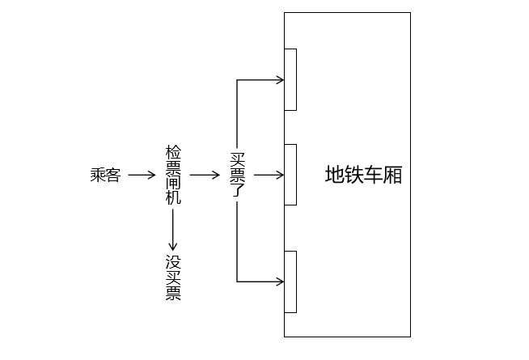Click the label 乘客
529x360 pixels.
(104, 175)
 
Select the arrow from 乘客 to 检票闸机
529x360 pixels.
(141, 175)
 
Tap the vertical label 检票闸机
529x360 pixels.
(173, 175)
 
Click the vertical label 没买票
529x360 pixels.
(173, 277)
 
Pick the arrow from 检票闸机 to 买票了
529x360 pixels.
(205, 175)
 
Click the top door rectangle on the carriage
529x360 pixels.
(290, 79)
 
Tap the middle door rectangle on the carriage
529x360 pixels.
(290, 174)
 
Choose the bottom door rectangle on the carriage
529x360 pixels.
(290, 282)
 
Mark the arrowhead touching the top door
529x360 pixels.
(280, 79)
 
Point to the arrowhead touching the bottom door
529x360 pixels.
(280, 282)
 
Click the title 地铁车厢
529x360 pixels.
(363, 175)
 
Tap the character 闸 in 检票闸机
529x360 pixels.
(173, 181)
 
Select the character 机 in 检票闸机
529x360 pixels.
(173, 197)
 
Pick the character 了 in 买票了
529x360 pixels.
(237, 190)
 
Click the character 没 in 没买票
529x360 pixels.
(173, 262)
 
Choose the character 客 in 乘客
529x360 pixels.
(112, 175)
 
